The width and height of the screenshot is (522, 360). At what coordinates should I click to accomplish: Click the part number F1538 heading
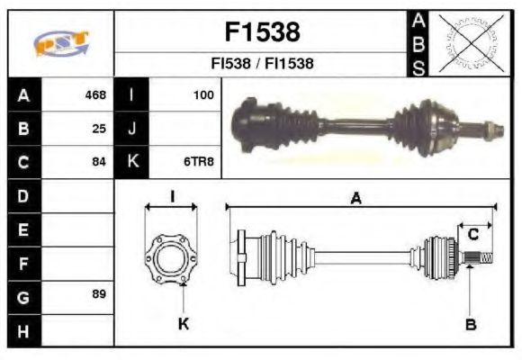pyautogui.click(x=261, y=32)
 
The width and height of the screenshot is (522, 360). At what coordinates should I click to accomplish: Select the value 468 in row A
pyautogui.click(x=95, y=94)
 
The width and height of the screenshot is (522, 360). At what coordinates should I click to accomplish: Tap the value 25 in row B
pyautogui.click(x=99, y=128)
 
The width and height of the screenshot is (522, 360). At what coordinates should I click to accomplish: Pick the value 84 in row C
pyautogui.click(x=99, y=162)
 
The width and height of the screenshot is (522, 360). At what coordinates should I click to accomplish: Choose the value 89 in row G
pyautogui.click(x=99, y=294)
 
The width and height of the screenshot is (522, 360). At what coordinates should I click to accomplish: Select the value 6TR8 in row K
pyautogui.click(x=199, y=162)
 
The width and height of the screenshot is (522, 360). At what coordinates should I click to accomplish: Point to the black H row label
pyautogui.click(x=23, y=330)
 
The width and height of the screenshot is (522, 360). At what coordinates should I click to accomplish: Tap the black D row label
pyautogui.click(x=23, y=195)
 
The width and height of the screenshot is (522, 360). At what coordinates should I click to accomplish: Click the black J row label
pyautogui.click(x=131, y=128)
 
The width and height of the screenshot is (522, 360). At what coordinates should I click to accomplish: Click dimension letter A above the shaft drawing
pyautogui.click(x=356, y=200)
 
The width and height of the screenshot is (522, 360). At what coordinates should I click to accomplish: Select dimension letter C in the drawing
pyautogui.click(x=472, y=235)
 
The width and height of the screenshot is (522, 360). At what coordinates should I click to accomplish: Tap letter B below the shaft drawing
pyautogui.click(x=471, y=324)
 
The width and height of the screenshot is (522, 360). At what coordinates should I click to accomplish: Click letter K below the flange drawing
pyautogui.click(x=183, y=324)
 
